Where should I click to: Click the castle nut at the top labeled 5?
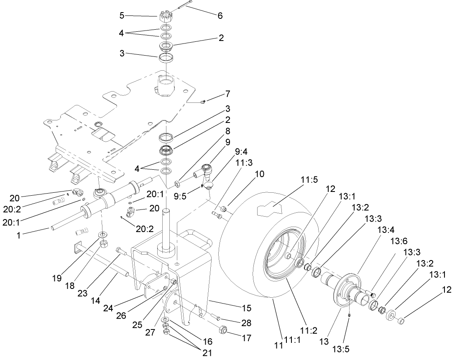pyautogui.click(x=166, y=18)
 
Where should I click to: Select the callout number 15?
pyautogui.click(x=246, y=308)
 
